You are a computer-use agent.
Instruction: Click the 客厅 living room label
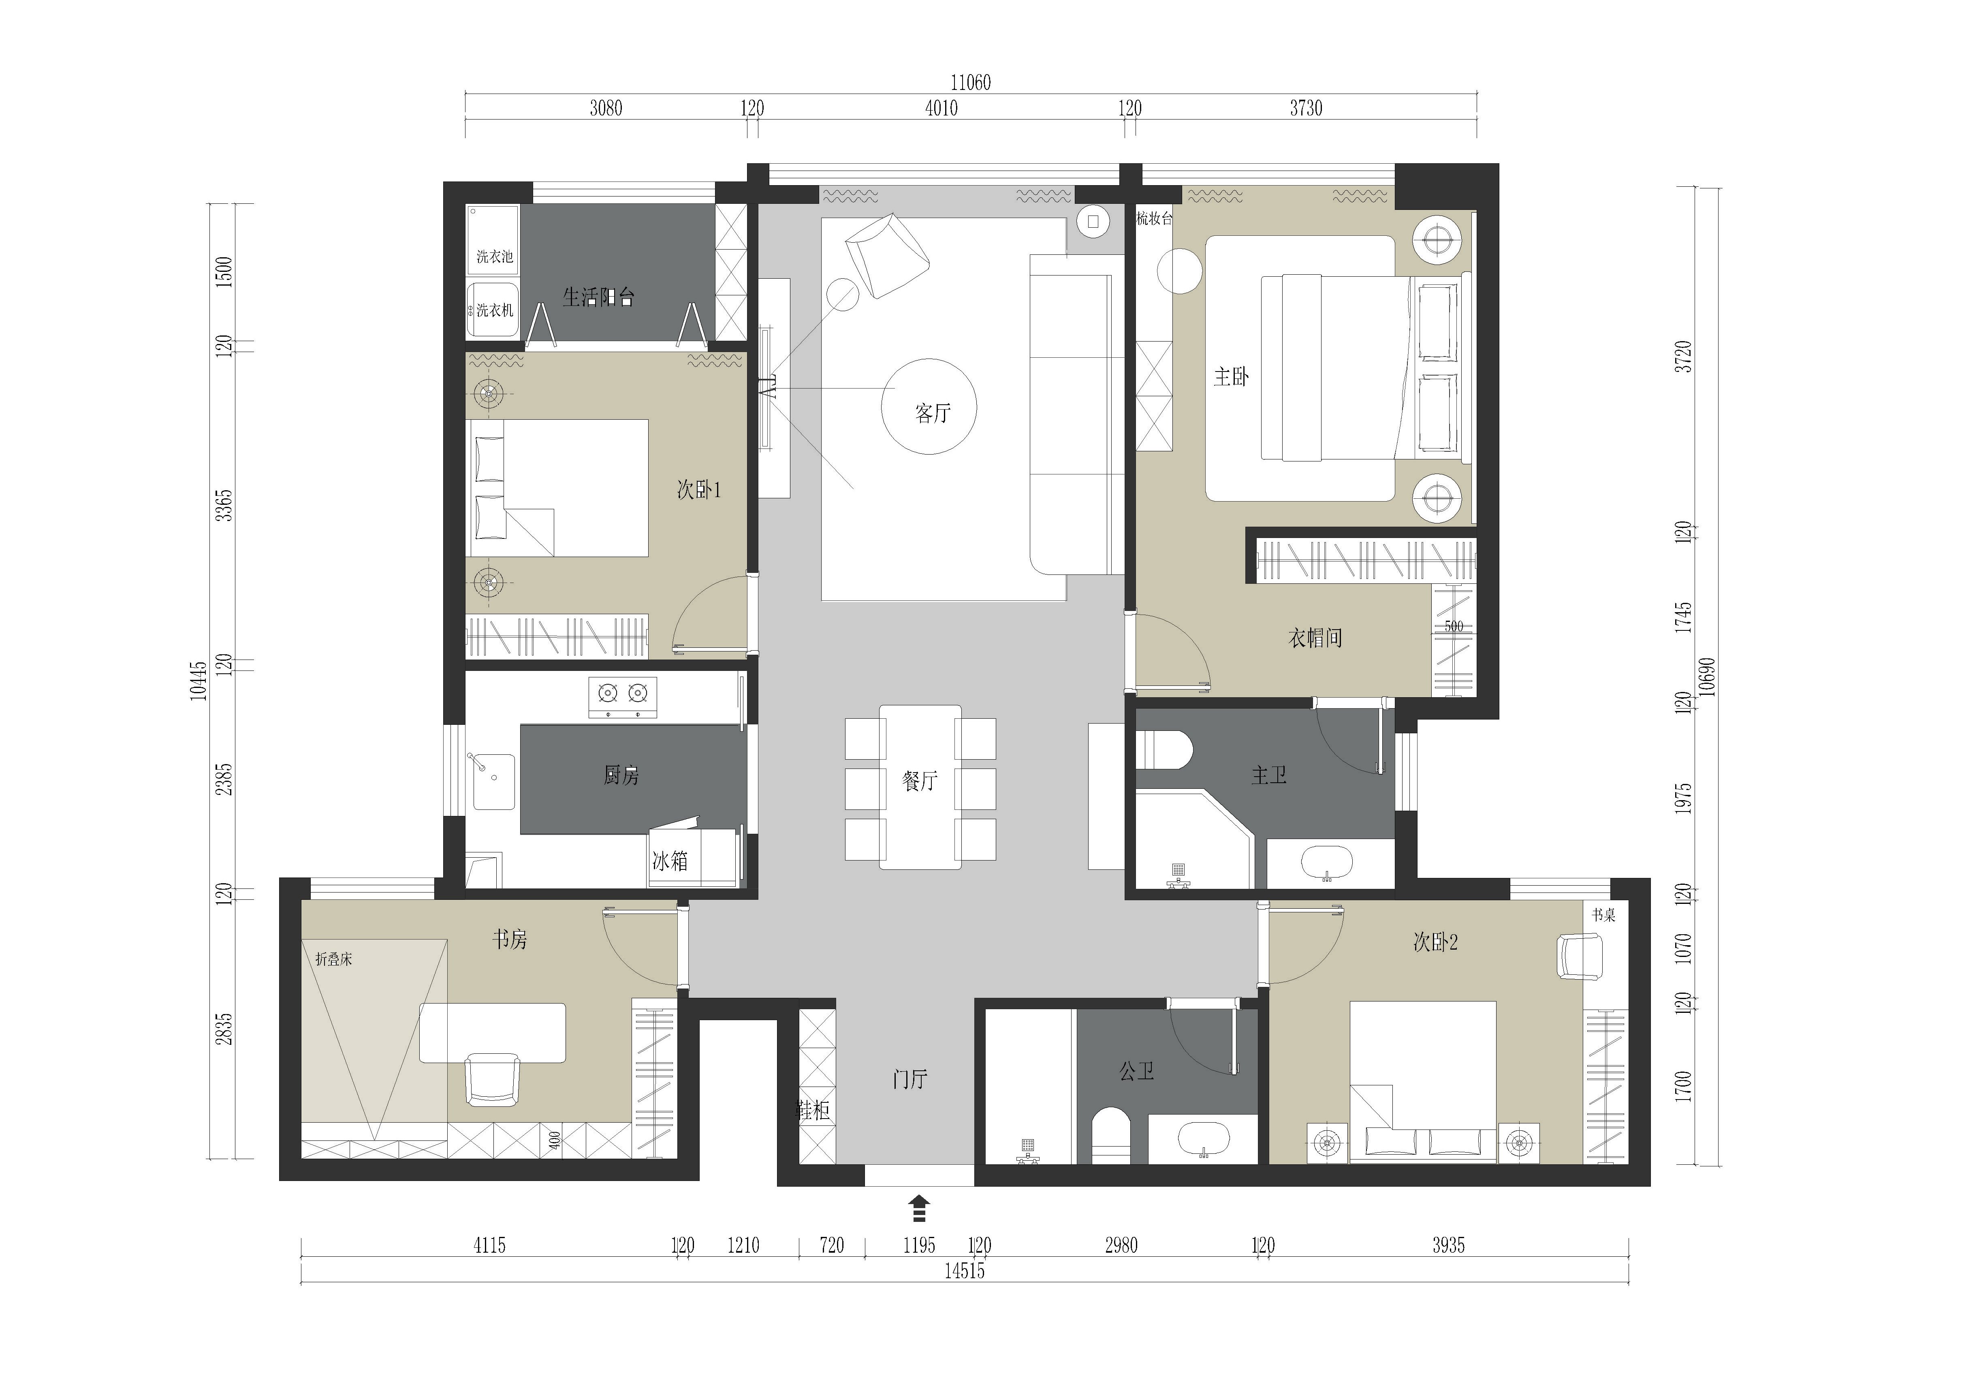pyautogui.click(x=932, y=414)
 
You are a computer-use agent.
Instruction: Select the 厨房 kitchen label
pyautogui.click(x=621, y=776)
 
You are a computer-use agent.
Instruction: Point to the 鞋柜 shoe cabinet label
pyautogui.click(x=813, y=1111)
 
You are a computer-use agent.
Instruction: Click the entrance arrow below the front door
pyautogui.click(x=919, y=1209)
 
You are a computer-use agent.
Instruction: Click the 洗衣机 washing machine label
pyautogui.click(x=495, y=310)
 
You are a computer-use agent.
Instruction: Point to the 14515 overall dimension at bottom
pyautogui.click(x=965, y=1271)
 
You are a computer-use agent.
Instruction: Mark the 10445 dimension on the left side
pyautogui.click(x=198, y=681)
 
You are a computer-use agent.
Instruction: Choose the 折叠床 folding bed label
pyautogui.click(x=334, y=959)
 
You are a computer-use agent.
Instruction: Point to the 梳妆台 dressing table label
pyautogui.click(x=1155, y=219)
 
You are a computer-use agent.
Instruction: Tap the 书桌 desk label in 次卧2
pyautogui.click(x=1604, y=915)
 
